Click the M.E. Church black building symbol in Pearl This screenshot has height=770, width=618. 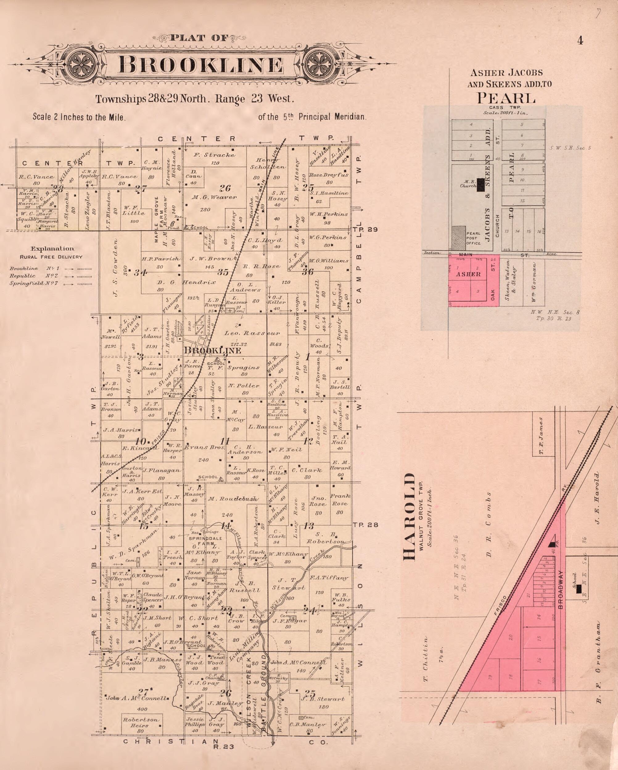[481, 185]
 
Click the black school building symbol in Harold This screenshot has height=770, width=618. [579, 589]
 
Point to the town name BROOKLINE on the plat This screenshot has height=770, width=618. [213, 351]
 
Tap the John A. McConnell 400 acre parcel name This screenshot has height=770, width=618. [137, 698]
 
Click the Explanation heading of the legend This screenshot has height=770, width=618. [52, 249]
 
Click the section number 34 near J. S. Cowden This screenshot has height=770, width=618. [140, 273]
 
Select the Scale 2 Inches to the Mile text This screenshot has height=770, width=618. [79, 117]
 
